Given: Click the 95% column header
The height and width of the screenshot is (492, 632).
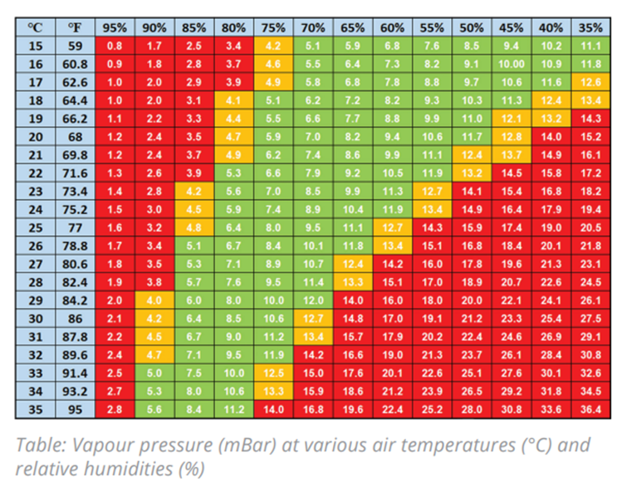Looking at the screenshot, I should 115,27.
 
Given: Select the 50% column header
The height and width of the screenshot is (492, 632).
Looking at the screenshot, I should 472,27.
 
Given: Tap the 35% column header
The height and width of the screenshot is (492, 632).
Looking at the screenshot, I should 591,27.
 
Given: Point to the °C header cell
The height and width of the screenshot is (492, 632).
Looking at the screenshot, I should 35,27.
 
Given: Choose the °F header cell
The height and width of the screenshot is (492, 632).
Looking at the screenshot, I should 75,27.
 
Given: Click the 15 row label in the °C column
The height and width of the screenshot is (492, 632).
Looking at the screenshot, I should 35,46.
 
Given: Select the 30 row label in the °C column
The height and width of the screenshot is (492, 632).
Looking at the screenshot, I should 35,318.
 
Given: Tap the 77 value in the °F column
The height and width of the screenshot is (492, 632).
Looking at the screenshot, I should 75,227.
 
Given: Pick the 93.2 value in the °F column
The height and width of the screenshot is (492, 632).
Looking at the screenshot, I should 75,391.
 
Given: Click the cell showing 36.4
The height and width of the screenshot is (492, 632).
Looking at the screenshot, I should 591,409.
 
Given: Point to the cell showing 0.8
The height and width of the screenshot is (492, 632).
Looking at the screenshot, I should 115,46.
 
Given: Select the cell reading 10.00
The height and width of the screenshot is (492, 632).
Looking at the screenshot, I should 512,64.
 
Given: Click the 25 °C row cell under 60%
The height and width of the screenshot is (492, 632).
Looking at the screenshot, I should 392,227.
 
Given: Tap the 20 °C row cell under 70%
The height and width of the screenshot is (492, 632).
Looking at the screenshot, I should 313,136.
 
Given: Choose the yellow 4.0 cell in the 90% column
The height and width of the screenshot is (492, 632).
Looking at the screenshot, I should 154,300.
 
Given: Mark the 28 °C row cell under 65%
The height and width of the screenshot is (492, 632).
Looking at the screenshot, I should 353,282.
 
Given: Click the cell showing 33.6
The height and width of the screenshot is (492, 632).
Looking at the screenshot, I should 551,409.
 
